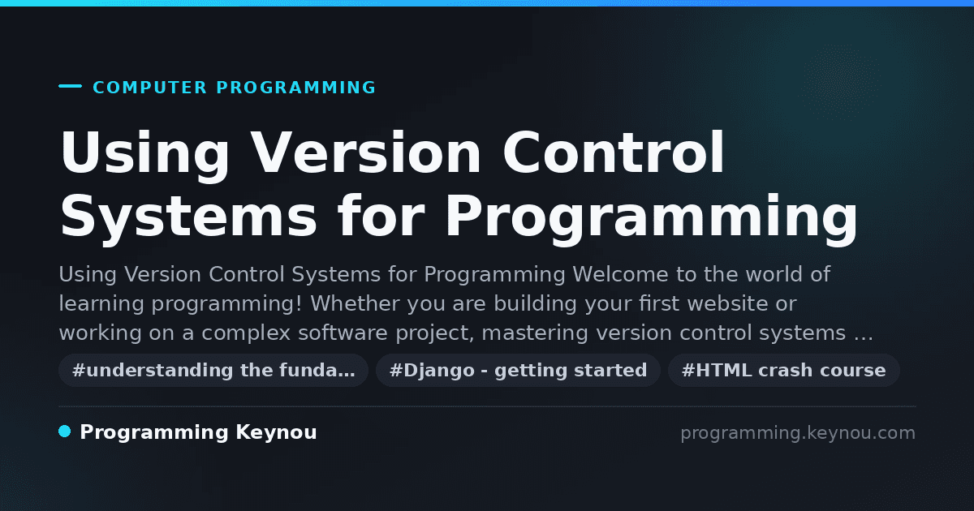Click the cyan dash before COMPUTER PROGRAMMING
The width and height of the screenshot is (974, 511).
[70, 86]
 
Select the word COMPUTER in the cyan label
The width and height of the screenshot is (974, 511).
[149, 88]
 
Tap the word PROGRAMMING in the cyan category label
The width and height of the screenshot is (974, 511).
[295, 88]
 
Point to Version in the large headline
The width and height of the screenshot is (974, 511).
[366, 152]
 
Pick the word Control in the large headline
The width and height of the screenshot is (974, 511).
[613, 152]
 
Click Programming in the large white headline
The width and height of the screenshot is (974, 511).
[651, 219]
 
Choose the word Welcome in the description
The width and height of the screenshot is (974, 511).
[620, 275]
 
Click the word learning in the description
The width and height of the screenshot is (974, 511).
[101, 303]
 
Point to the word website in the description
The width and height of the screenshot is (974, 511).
[727, 303]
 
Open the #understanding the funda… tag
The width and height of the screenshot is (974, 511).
[213, 370]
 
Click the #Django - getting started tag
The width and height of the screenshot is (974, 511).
[519, 370]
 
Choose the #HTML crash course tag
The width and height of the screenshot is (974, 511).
[783, 370]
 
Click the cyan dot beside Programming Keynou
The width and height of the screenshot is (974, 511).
[64, 432]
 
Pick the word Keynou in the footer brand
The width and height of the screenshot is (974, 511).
[276, 432]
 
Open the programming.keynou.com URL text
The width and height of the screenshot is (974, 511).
[798, 433]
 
